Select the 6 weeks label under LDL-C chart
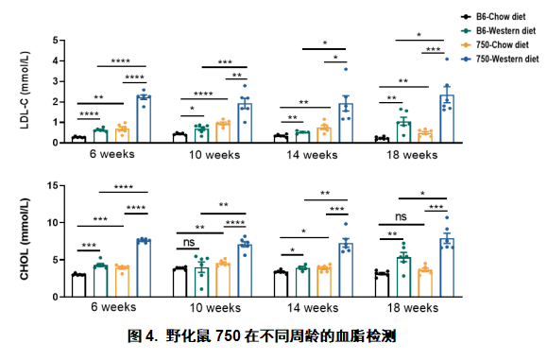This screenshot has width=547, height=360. (x=111, y=154)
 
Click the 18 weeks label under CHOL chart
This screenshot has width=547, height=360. (x=411, y=308)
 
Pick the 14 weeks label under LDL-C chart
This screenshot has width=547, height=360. (x=314, y=154)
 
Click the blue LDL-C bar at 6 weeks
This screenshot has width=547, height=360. (x=144, y=118)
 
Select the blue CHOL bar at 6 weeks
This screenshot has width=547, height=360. (x=144, y=268)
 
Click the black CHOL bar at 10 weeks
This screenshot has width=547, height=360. (x=179, y=282)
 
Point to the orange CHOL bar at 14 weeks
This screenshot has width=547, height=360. (x=324, y=282)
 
